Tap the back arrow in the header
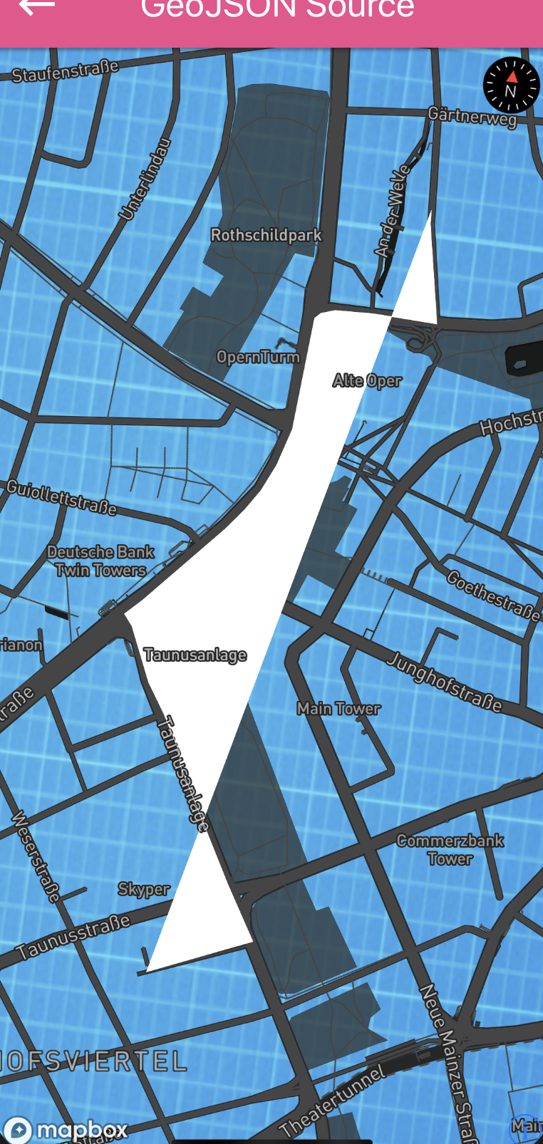click(x=36, y=7)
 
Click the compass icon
click(x=511, y=85)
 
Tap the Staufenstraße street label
click(x=65, y=71)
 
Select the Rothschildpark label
click(x=266, y=235)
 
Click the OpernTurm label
click(x=258, y=356)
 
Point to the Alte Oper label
click(x=367, y=380)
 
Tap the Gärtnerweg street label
click(x=472, y=116)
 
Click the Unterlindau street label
click(x=145, y=179)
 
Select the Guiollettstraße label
click(x=61, y=496)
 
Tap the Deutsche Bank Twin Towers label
click(x=100, y=561)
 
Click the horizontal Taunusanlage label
click(x=195, y=655)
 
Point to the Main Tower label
click(x=338, y=708)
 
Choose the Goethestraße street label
click(x=492, y=596)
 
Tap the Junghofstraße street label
click(x=445, y=682)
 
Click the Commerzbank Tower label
click(x=450, y=849)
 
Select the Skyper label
click(x=143, y=889)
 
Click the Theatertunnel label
click(x=333, y=1101)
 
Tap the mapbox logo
click(x=66, y=1129)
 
